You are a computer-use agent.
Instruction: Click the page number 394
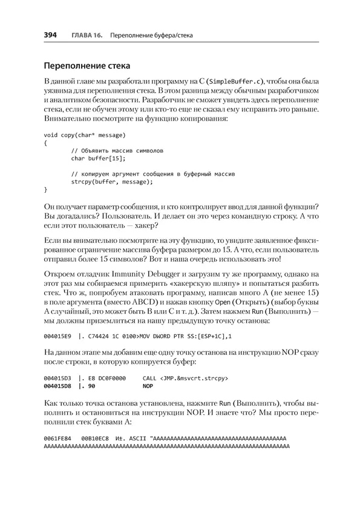tap(50, 36)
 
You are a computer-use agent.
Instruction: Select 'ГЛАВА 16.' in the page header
tap(85, 36)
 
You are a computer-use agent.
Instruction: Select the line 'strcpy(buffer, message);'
tap(112, 181)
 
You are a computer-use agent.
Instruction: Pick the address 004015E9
tap(58, 335)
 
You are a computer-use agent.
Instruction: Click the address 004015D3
tap(58, 378)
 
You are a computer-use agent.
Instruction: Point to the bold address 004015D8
tap(58, 385)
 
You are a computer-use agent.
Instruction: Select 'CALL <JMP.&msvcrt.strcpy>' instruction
tap(185, 378)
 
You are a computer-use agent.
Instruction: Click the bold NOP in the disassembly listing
tap(147, 385)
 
